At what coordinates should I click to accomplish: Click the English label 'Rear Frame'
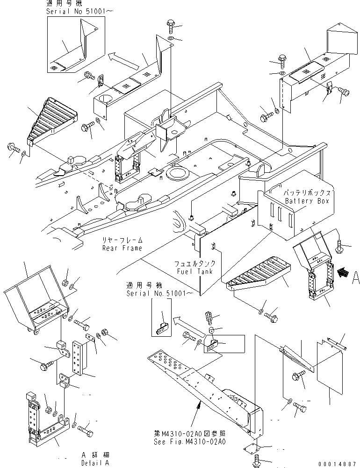point(122,248)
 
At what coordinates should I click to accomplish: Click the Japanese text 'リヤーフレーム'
point(122,241)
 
